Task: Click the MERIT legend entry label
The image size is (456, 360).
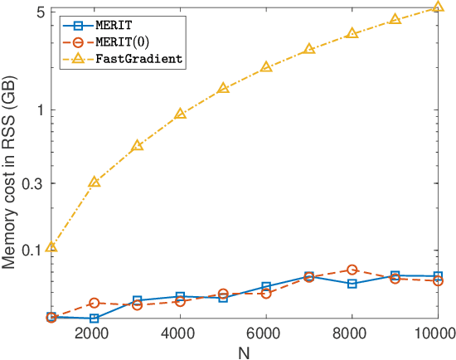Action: point(112,24)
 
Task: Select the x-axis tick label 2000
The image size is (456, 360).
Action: point(94,333)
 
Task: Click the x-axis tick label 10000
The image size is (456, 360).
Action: point(434,333)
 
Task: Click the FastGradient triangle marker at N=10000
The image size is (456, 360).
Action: point(438,7)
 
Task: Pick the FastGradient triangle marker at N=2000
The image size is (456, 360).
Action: point(95,182)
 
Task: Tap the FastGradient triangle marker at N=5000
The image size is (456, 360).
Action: point(223,88)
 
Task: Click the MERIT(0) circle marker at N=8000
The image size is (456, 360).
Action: point(352,270)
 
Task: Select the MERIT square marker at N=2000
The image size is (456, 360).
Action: point(95,319)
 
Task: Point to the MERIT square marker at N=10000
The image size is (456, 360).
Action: point(438,276)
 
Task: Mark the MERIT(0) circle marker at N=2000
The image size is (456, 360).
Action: point(95,304)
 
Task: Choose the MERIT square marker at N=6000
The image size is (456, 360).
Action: point(266,287)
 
